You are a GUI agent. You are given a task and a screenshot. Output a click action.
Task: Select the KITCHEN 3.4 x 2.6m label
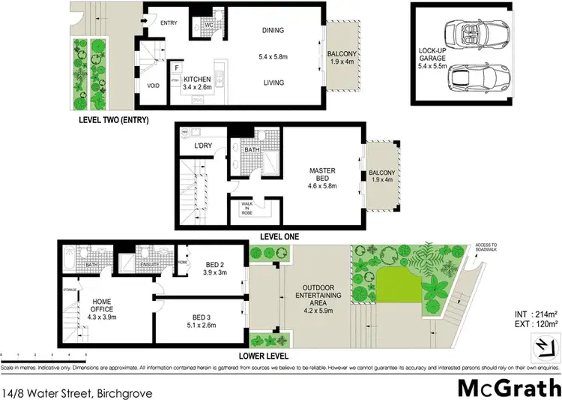point(196,83)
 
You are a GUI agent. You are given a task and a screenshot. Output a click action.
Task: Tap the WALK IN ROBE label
point(247,208)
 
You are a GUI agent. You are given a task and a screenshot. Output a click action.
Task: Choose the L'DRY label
point(202,145)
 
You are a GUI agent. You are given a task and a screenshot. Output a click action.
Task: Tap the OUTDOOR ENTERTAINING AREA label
point(323,297)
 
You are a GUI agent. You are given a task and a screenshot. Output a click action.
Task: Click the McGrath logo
point(510,387)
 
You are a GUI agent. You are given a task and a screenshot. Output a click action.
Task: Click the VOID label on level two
point(154,86)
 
